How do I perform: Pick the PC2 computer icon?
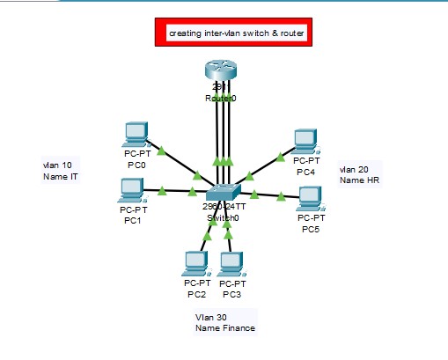coord(195,262)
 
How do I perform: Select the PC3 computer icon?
coord(231,262)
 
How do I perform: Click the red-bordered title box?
coord(235,33)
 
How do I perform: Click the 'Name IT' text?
coord(61,177)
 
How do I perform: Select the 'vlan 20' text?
coord(354,168)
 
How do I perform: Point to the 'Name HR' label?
coord(359,180)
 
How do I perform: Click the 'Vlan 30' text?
coord(211,317)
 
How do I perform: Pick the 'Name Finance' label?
coord(225,328)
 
